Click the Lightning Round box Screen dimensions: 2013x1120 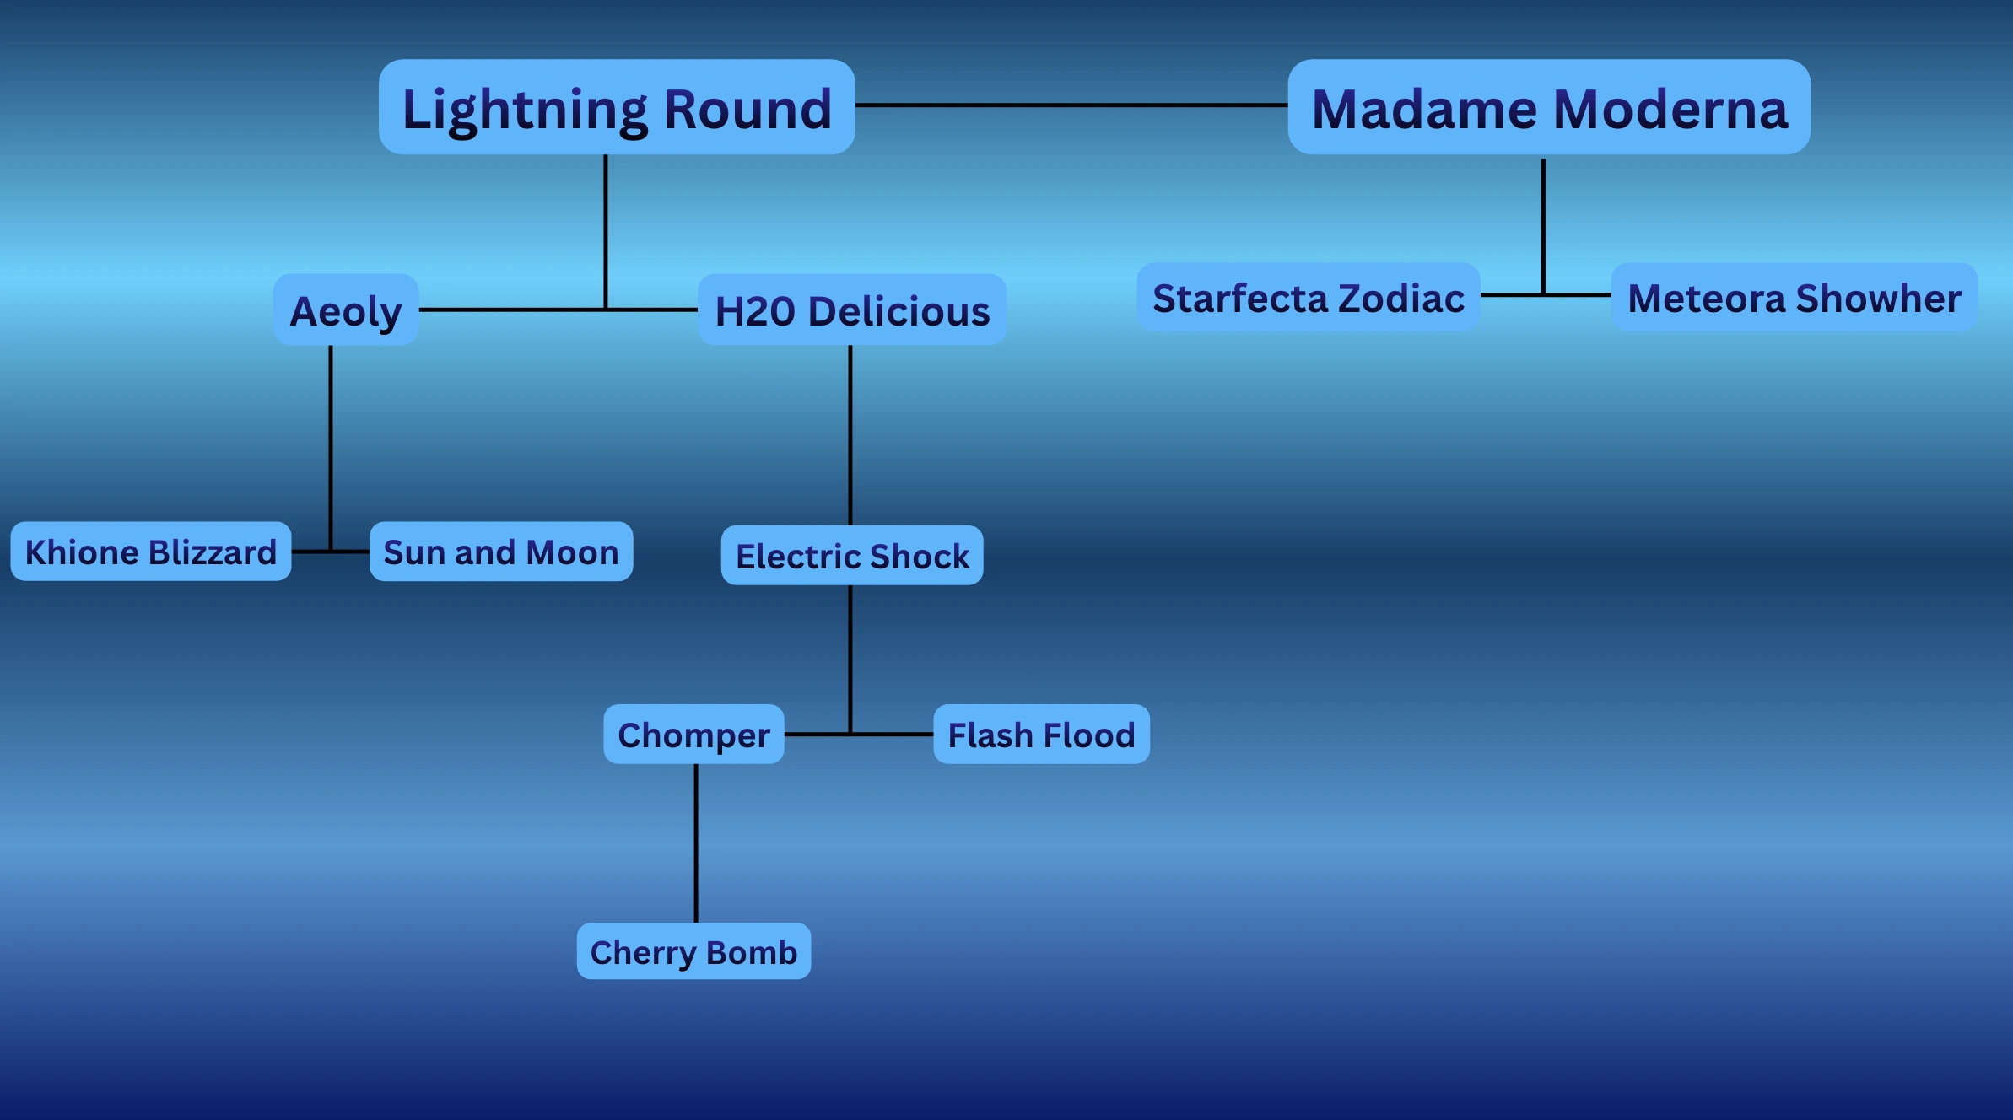pos(617,107)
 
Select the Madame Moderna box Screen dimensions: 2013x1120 pos(1549,107)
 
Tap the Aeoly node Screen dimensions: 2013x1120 pos(346,310)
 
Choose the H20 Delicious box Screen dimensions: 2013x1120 pos(852,310)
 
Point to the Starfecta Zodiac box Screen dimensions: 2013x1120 pos(1309,297)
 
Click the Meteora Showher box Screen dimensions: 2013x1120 pos(1794,297)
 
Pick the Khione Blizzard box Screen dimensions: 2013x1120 pos(151,552)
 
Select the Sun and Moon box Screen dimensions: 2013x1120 pos(501,552)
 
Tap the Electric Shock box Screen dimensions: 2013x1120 pos(852,555)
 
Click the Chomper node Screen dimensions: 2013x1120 pos(693,734)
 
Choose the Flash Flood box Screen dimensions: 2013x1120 pos(1041,734)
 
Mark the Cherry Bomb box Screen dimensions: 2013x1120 pos(693,951)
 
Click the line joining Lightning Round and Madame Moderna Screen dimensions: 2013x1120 pos(1071,105)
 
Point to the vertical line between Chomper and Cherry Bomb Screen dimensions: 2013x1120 pos(696,843)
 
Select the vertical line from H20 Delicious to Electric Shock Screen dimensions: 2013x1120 pos(850,434)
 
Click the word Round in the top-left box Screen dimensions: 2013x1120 pos(747,109)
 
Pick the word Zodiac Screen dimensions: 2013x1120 pos(1401,299)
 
